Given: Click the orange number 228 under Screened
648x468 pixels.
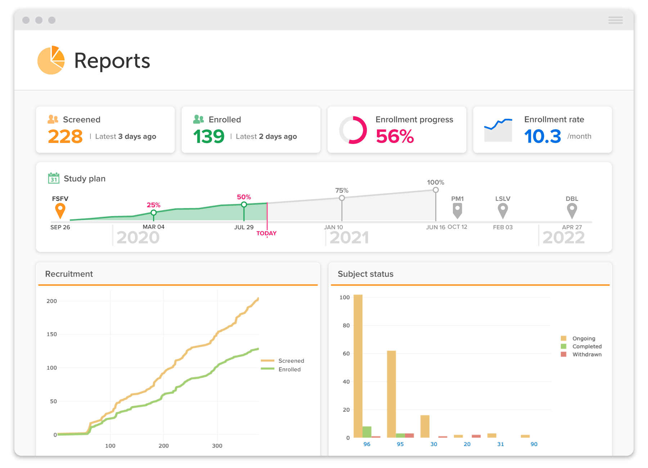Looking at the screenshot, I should click(x=65, y=137).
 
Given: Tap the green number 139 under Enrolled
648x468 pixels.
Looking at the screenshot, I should click(x=209, y=137).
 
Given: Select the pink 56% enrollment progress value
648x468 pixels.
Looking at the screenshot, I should click(x=395, y=137).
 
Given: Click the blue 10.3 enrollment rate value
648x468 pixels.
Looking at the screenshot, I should click(x=542, y=137).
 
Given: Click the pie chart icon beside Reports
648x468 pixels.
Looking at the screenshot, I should click(x=51, y=60).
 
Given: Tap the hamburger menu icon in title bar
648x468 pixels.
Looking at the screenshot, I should click(x=615, y=20).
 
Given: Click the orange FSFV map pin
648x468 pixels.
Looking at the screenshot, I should click(x=60, y=210).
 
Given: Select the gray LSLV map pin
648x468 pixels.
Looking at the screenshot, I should click(x=503, y=210).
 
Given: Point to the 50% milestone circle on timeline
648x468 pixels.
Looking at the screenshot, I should click(x=244, y=204).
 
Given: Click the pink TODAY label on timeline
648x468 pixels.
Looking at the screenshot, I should click(x=266, y=233).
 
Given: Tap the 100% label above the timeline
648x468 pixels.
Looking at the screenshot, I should click(x=435, y=183).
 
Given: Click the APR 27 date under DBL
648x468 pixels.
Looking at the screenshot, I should click(x=572, y=227).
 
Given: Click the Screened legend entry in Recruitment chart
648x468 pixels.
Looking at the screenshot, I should click(x=291, y=361).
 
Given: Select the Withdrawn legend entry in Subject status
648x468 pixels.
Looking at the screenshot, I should click(x=587, y=354).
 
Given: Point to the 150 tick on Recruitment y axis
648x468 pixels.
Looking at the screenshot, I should click(x=52, y=334).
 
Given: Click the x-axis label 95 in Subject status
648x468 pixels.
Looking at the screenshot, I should click(x=400, y=444).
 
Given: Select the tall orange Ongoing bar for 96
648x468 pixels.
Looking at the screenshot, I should click(x=358, y=366).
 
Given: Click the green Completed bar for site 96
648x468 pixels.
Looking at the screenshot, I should click(x=367, y=432).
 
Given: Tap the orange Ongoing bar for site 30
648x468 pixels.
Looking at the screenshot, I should click(x=425, y=427).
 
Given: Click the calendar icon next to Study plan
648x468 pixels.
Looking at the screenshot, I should click(x=54, y=178).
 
